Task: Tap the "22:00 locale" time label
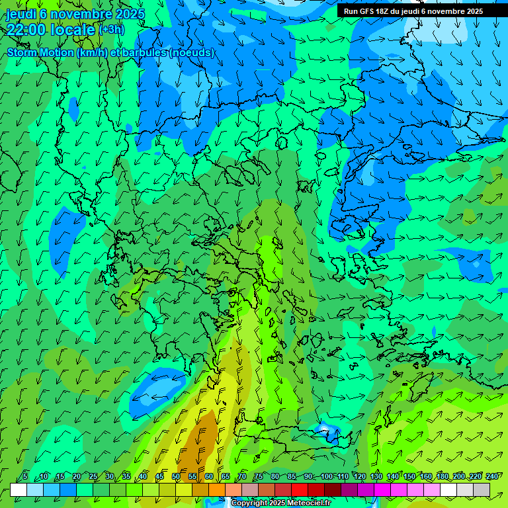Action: [51, 30]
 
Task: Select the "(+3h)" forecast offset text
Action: [111, 30]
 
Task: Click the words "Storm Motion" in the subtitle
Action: [40, 53]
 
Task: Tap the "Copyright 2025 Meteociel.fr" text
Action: [280, 503]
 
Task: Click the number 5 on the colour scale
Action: [26, 477]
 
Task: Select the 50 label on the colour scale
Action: [176, 477]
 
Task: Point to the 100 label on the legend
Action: [327, 477]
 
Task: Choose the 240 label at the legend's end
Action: [492, 477]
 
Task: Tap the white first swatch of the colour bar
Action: [19, 490]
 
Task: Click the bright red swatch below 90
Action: [300, 490]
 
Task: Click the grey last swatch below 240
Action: [482, 490]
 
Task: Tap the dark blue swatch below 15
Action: [68, 490]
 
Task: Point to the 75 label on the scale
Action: [259, 477]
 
